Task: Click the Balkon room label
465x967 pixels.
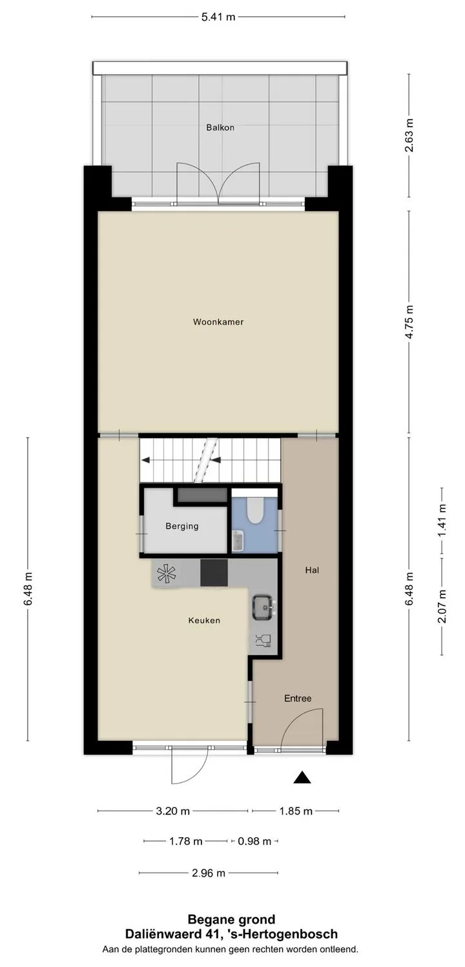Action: pyautogui.click(x=220, y=127)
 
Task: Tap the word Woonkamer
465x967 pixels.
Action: pyautogui.click(x=218, y=322)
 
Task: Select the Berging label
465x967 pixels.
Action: pyautogui.click(x=181, y=526)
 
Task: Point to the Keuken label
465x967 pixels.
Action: pyautogui.click(x=204, y=620)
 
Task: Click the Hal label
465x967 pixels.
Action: pyautogui.click(x=312, y=570)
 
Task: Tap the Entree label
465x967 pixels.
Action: pyautogui.click(x=298, y=698)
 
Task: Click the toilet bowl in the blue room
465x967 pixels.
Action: pyautogui.click(x=254, y=510)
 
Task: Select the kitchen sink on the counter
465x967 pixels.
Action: pyautogui.click(x=262, y=606)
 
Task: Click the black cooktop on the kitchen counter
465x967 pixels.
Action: pyautogui.click(x=214, y=572)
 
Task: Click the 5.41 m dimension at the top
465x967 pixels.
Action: pyautogui.click(x=218, y=17)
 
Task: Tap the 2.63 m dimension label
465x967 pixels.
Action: pyautogui.click(x=409, y=135)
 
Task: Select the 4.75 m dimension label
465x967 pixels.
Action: pyautogui.click(x=409, y=322)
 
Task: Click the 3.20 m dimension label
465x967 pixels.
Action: pyautogui.click(x=172, y=811)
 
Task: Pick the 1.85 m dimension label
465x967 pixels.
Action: pyautogui.click(x=296, y=811)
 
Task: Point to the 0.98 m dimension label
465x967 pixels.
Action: pyautogui.click(x=254, y=841)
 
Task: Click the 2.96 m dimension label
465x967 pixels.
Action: pyautogui.click(x=209, y=873)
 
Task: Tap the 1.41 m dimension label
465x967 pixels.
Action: pyautogui.click(x=442, y=521)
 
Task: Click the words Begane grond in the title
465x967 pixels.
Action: pyautogui.click(x=231, y=919)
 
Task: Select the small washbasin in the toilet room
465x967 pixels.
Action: pyautogui.click(x=238, y=541)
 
